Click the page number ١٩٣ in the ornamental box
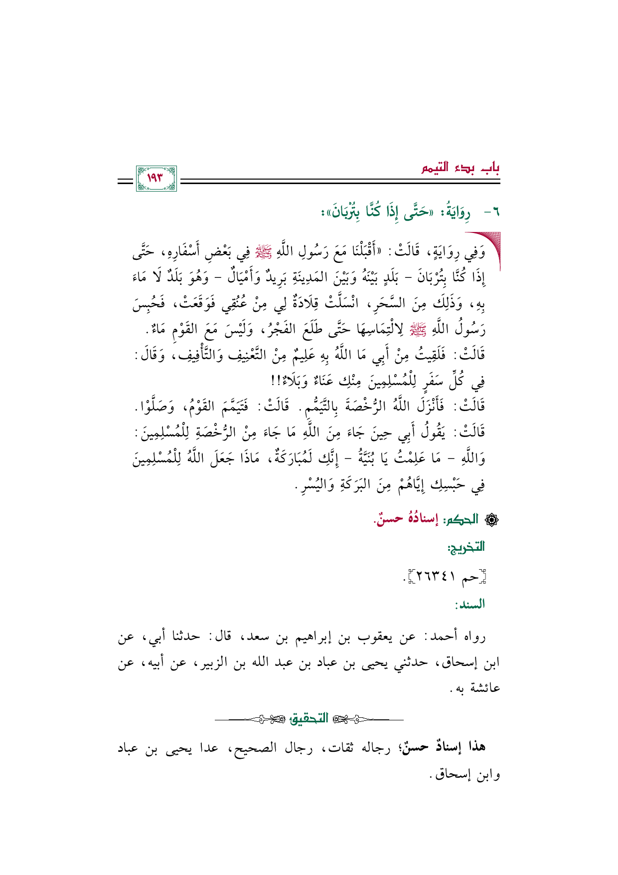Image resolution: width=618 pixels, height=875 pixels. point(156,178)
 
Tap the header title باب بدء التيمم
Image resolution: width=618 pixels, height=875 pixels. point(461,168)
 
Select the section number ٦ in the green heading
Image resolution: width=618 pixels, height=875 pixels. point(495,213)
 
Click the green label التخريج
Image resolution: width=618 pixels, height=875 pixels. point(466,547)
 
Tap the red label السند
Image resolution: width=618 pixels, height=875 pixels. point(469,605)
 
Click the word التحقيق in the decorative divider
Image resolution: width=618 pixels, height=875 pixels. point(309,719)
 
